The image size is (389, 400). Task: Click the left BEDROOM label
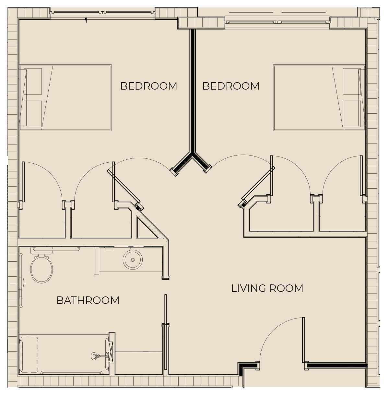148,86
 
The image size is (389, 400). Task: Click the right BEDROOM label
231,86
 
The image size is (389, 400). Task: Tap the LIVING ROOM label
267,288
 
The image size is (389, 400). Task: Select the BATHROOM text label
88,300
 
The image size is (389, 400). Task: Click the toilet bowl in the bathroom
41,269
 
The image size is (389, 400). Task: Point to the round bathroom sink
133,260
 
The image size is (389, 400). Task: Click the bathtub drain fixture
94,356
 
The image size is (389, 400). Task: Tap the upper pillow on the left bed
33,81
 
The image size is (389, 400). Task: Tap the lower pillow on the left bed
33,114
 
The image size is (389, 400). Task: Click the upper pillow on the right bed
352,81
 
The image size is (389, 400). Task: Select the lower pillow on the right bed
352,114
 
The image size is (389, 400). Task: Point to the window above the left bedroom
102,13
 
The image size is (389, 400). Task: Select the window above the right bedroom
277,22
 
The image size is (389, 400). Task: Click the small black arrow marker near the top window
86,20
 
